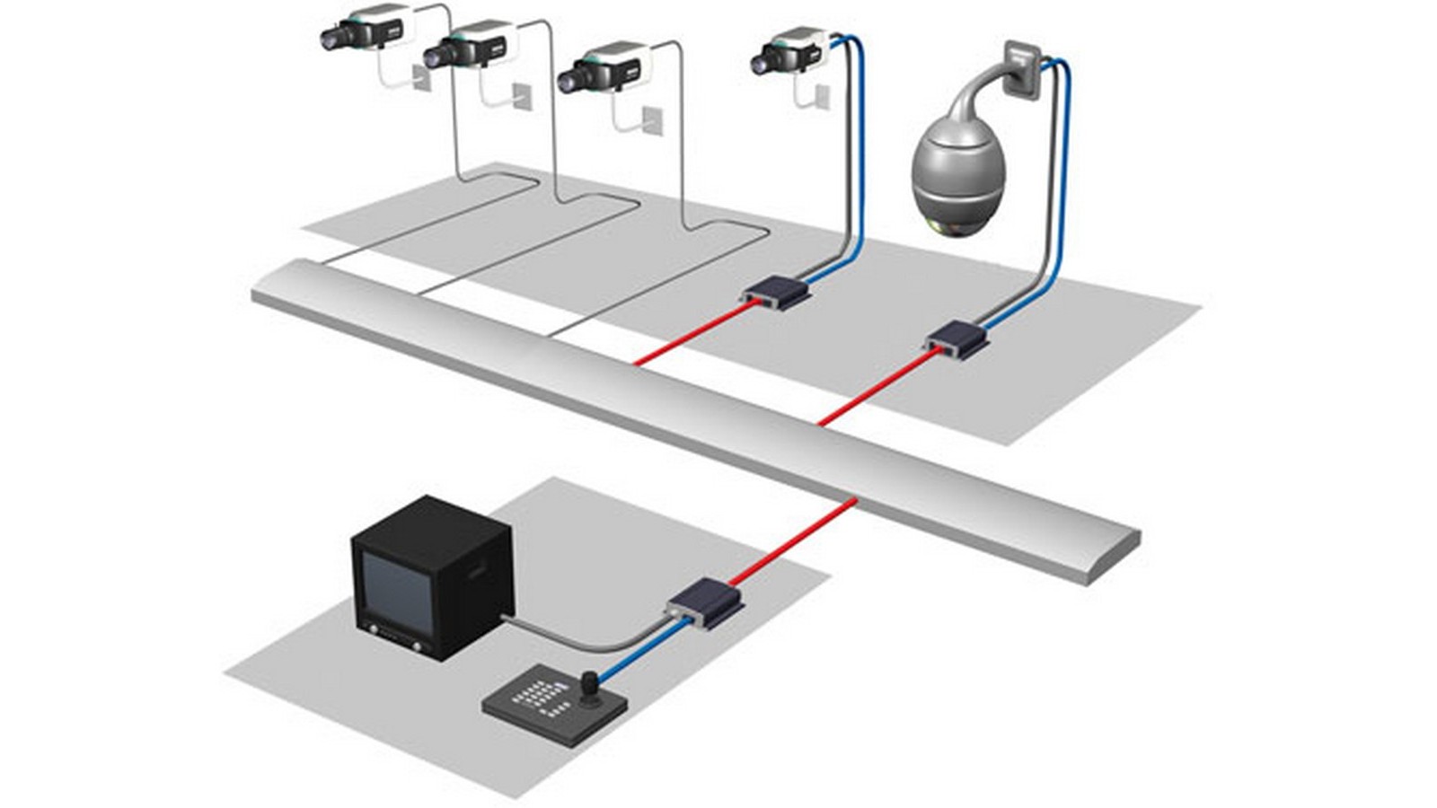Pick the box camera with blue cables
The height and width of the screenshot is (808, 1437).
[x=790, y=49]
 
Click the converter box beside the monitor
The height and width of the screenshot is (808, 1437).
[x=705, y=602]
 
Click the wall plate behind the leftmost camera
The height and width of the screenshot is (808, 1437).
[x=421, y=77]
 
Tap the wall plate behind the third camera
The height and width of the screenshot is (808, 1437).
[x=653, y=120]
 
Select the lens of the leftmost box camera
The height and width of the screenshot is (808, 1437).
[x=330, y=39]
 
